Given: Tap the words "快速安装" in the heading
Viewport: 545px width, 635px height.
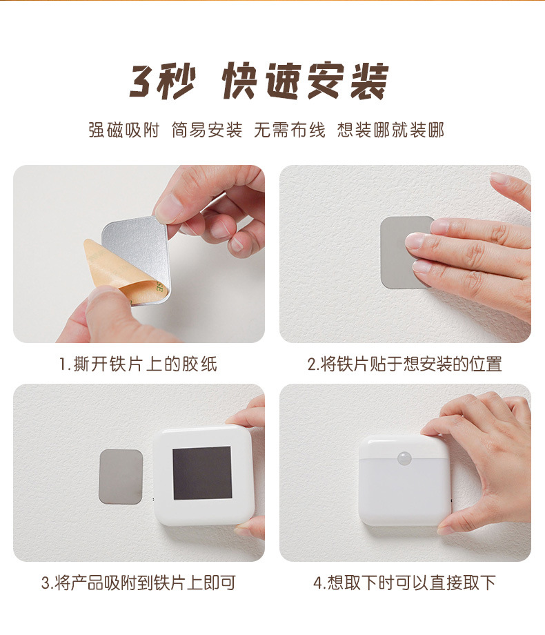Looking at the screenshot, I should (305, 82).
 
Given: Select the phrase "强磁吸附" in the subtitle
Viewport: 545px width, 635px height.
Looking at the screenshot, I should (123, 130).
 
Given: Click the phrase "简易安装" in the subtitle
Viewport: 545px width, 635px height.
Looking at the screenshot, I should (207, 130).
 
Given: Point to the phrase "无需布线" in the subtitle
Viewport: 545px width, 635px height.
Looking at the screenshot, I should (289, 130).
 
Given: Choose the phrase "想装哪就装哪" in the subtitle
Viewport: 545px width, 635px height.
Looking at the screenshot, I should (390, 130).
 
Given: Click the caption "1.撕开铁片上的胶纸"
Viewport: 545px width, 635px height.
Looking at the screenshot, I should (138, 364).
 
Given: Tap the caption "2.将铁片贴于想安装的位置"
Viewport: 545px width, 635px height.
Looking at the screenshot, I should (404, 364).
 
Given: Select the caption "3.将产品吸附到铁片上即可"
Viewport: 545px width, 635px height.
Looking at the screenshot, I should (138, 583).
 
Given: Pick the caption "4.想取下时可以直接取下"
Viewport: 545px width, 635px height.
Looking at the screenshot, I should (404, 583).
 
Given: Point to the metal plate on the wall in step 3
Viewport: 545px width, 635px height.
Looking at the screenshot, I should (121, 476).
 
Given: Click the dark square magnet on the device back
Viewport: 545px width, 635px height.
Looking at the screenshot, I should (201, 473).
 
